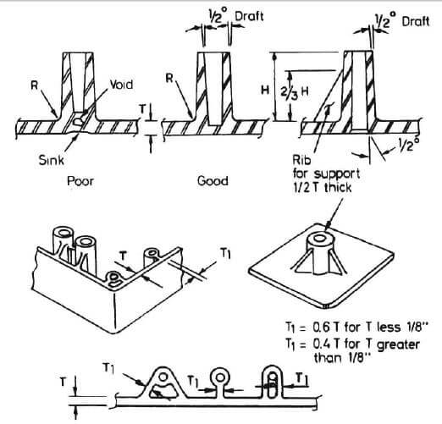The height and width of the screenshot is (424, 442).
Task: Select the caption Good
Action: coord(212,181)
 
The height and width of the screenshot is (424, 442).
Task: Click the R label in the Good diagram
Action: coord(169,79)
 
